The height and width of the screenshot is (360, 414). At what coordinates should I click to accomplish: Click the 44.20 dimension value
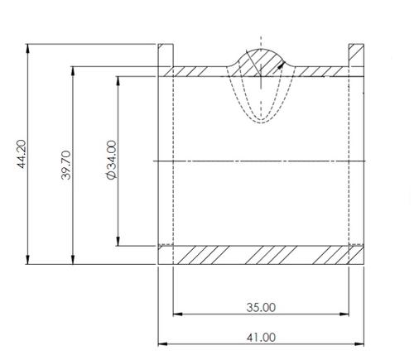[x=22, y=155]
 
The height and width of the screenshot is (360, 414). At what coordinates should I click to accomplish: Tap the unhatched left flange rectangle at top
[x=165, y=54]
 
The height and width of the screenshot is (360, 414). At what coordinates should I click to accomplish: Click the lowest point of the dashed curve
[x=261, y=122]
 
